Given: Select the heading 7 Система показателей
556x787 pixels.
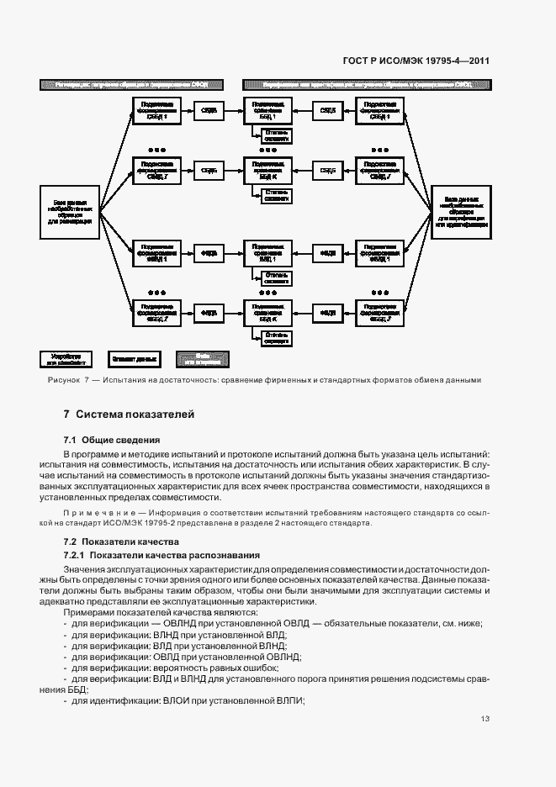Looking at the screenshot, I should click(129, 415).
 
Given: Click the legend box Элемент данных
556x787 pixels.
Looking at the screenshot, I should click(134, 359).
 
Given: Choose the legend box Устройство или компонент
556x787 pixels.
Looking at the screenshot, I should click(66, 359).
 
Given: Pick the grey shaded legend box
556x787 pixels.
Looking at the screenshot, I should click(202, 359).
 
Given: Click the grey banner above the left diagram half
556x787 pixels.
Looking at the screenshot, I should click(124, 85).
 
